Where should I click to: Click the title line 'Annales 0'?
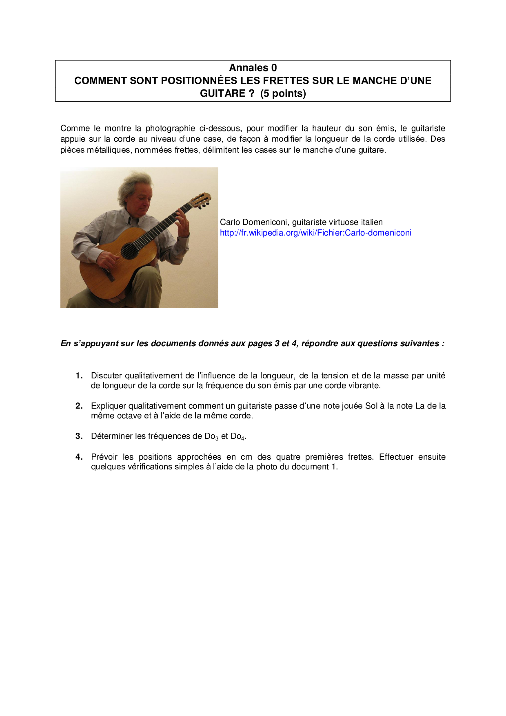[253, 68]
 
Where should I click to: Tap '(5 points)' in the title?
[283, 93]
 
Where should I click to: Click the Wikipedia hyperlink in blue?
[315, 233]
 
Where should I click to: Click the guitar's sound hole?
[130, 251]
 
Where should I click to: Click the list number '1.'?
[79, 376]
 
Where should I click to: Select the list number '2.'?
[79, 406]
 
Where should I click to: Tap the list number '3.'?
[79, 436]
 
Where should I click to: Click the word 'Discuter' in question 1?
[107, 376]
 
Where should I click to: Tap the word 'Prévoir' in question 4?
[104, 457]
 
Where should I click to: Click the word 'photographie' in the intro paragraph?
[170, 129]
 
